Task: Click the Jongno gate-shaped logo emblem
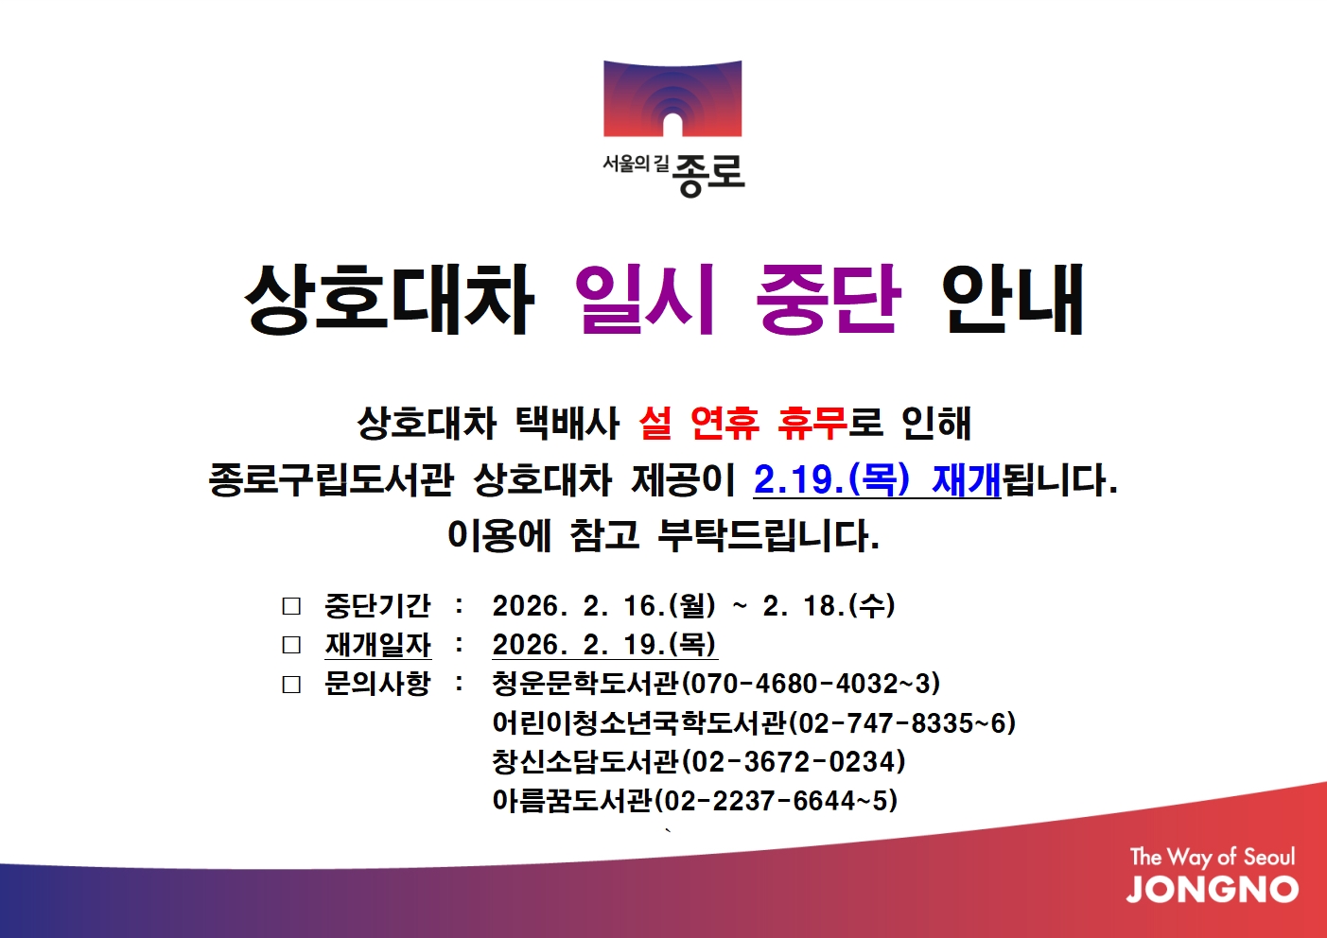pos(672,98)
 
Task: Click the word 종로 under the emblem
pos(708,175)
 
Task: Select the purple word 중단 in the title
pos(829,300)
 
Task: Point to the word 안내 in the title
pos(1014,300)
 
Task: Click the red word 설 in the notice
pos(655,424)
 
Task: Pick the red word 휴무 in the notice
pos(812,424)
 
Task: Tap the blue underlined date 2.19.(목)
pos(831,479)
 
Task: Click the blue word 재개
pos(967,479)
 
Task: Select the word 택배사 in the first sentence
pos(567,424)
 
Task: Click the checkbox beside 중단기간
pos(291,606)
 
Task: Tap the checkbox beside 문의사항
pos(291,685)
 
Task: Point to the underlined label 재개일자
pos(378,644)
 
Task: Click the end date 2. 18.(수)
pos(829,606)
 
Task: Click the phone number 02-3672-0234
pos(794,761)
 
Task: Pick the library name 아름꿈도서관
pos(572,801)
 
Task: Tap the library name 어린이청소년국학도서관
pos(639,722)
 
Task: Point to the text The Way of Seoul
pos(1213,857)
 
